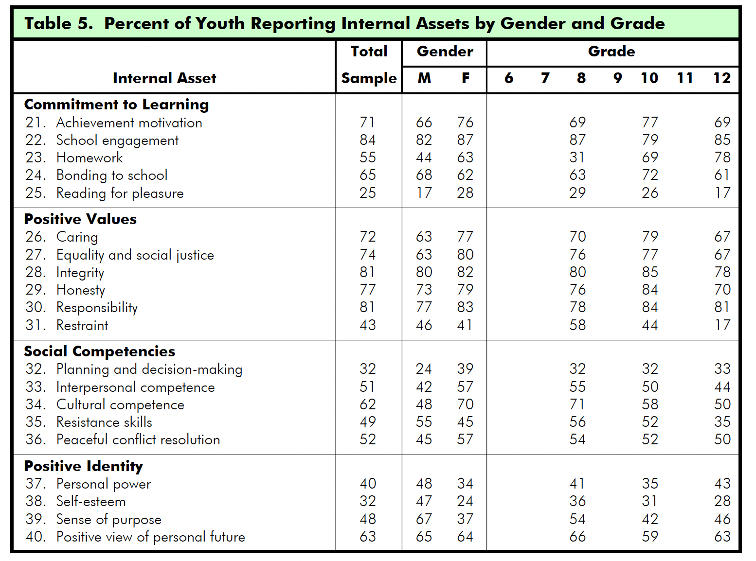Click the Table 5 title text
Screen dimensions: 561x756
pos(344,23)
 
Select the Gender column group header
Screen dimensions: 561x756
pos(445,52)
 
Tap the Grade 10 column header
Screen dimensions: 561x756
pos(649,78)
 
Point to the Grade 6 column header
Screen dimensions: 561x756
pos(509,78)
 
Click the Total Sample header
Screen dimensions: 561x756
pos(369,65)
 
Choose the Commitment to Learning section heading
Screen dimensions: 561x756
pos(116,105)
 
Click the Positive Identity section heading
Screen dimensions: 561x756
pos(83,466)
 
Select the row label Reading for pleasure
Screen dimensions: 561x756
pos(120,193)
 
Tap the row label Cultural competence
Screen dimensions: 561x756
pos(120,404)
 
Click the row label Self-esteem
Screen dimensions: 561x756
pos(91,501)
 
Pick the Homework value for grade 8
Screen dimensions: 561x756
pos(577,158)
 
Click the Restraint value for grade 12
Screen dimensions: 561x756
pos(722,325)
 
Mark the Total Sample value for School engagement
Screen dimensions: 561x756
pos(368,140)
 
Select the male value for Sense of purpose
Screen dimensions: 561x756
pos(424,519)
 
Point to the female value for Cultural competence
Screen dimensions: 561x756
pos(465,404)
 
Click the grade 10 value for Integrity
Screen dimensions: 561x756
pos(650,272)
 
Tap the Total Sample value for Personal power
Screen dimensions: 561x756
pos(368,484)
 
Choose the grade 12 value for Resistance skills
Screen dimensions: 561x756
pos(722,422)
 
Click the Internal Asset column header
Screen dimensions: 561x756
pos(164,78)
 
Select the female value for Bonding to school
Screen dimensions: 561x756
pos(465,175)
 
